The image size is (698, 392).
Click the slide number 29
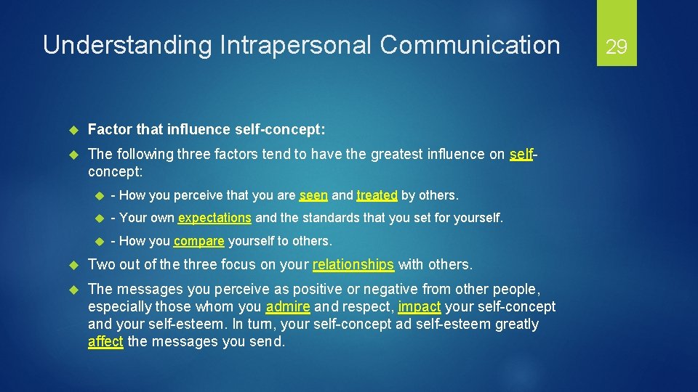pos(617,47)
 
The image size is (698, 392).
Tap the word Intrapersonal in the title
pos(293,46)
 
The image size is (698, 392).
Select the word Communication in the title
pos(470,46)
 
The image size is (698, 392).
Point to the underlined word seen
pos(314,195)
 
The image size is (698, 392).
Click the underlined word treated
pos(377,195)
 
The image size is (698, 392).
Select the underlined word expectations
pos(214,218)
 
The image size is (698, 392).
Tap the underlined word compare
pos(198,241)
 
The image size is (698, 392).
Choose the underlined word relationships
pos(353,265)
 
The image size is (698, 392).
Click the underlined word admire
pos(288,306)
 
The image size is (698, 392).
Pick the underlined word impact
pos(420,306)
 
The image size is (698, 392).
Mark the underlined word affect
pos(105,342)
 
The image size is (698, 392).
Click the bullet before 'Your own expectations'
pos(100,218)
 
